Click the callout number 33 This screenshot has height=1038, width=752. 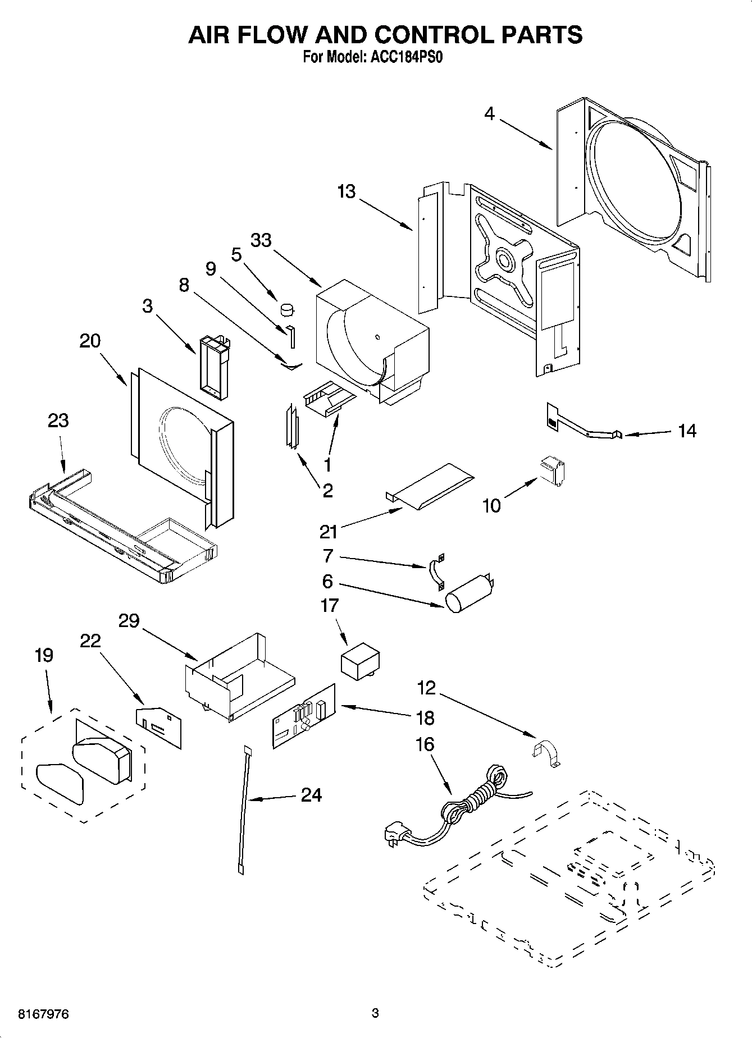click(x=261, y=240)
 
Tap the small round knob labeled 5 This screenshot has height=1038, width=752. click(x=288, y=309)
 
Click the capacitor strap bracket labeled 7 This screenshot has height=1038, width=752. click(x=436, y=573)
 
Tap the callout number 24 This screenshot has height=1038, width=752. click(x=311, y=794)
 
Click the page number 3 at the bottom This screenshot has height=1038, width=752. click(x=375, y=1014)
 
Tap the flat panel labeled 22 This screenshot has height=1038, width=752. click(x=159, y=725)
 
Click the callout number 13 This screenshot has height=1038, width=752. click(x=347, y=191)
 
